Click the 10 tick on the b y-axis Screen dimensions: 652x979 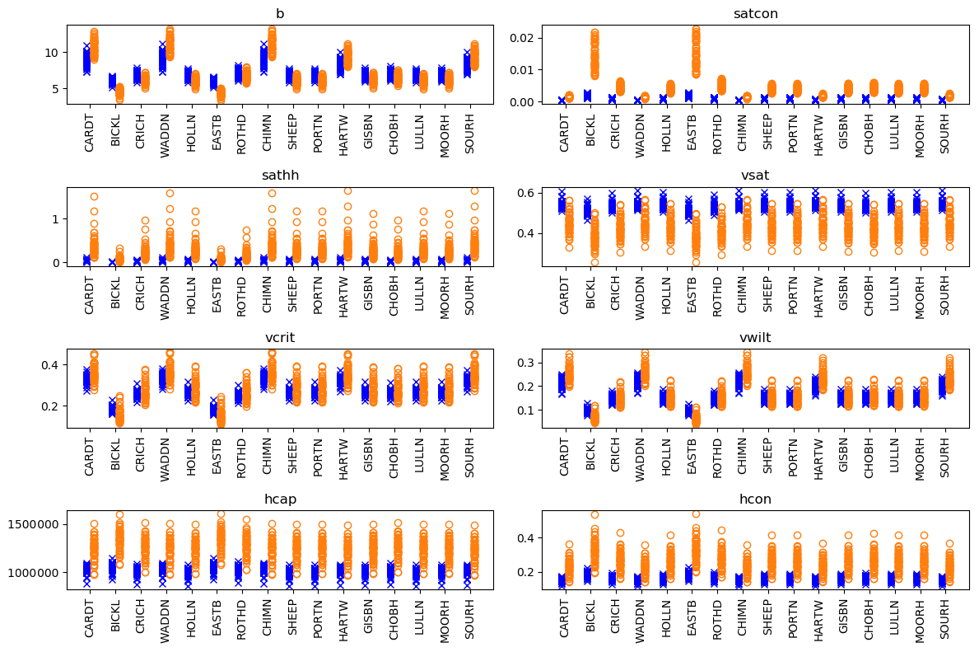point(51,52)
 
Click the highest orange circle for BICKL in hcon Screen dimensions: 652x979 point(594,515)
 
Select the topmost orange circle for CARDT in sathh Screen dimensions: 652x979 point(94,196)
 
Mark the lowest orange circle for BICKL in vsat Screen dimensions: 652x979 point(594,263)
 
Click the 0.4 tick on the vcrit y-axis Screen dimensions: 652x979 point(51,364)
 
